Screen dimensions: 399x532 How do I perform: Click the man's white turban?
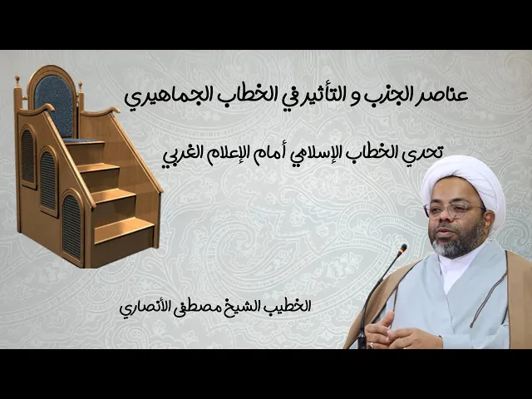pyautogui.click(x=462, y=179)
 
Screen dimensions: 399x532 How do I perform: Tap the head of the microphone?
pyautogui.click(x=402, y=249)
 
